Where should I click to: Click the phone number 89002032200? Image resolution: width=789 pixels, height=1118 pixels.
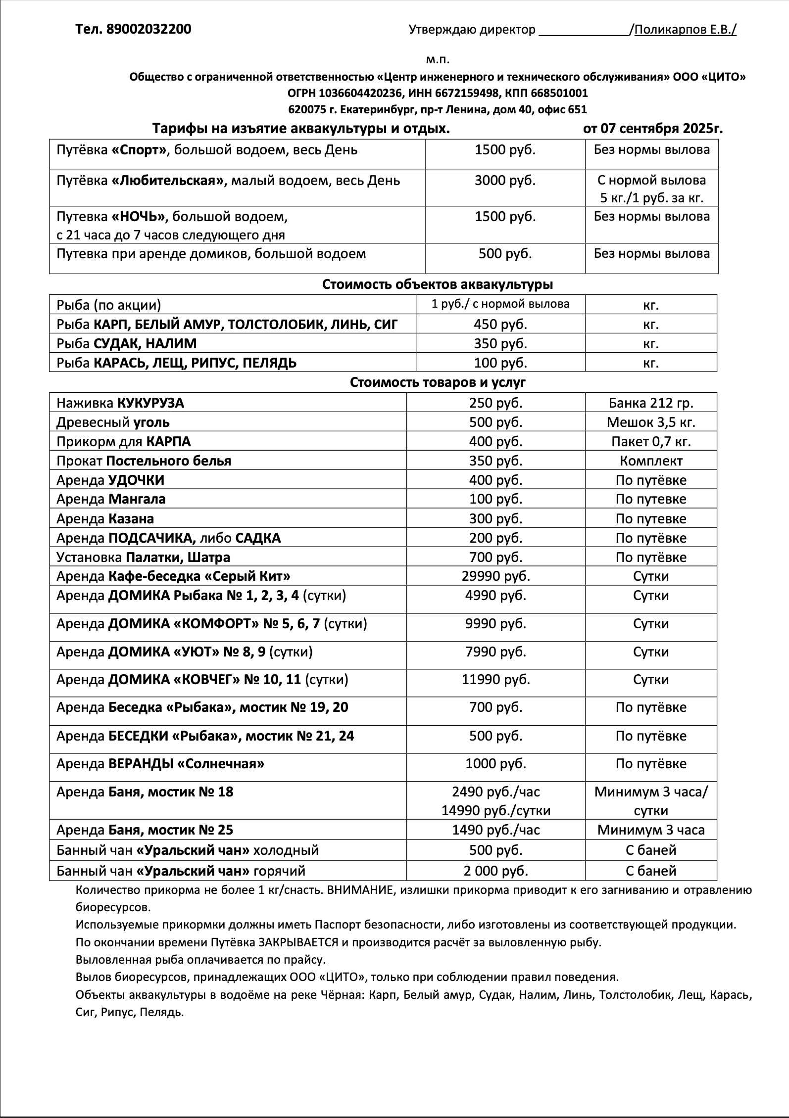pos(148,30)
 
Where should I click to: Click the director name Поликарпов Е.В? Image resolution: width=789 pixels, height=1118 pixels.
pos(685,30)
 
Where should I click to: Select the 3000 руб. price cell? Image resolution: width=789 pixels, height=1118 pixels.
pos(505,181)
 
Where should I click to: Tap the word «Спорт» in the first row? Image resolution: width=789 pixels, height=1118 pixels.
pos(139,150)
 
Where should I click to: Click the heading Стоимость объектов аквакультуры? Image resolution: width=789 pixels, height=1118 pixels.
pos(438,284)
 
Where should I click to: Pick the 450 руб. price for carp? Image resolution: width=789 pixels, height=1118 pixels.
pos(500,325)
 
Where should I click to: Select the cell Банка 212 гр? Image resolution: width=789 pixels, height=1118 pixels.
pos(651,403)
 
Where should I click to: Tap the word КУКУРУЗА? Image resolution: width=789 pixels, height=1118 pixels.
pos(150,403)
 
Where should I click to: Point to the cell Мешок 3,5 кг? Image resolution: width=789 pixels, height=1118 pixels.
pos(651,422)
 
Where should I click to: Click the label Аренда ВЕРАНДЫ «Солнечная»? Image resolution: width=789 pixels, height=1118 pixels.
pos(160,764)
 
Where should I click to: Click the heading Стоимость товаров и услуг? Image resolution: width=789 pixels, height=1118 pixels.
pos(438,382)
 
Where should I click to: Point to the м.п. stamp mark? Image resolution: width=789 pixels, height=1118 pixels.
pos(438,60)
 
